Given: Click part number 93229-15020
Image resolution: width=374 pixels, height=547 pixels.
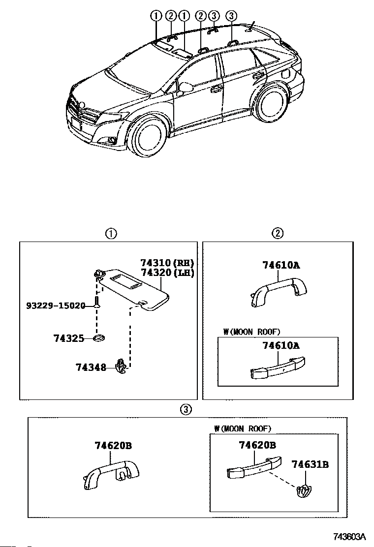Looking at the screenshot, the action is tap(56, 305).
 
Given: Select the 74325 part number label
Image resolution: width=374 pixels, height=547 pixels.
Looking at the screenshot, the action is tap(69, 338).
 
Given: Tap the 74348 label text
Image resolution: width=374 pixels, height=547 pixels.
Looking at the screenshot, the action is tap(91, 367).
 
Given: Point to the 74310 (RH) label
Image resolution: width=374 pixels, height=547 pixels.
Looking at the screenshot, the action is tap(167, 263).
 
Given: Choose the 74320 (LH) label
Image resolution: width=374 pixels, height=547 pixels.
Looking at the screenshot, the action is tap(167, 273).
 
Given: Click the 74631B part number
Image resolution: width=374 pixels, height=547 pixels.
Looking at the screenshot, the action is tap(310, 464).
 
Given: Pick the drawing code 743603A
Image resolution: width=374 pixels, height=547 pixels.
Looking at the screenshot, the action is tap(349, 536).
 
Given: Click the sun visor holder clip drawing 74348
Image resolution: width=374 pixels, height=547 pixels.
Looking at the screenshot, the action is tap(121, 366).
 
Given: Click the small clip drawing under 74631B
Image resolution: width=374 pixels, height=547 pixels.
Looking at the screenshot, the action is tap(303, 491).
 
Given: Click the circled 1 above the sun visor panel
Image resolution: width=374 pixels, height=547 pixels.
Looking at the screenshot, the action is tap(111, 233).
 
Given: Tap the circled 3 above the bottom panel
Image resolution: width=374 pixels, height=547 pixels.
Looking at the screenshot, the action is tap(187, 409).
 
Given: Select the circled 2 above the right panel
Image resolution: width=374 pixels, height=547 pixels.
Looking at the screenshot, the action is tap(278, 233).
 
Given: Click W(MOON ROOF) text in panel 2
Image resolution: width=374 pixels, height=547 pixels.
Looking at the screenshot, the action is tap(251, 332).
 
